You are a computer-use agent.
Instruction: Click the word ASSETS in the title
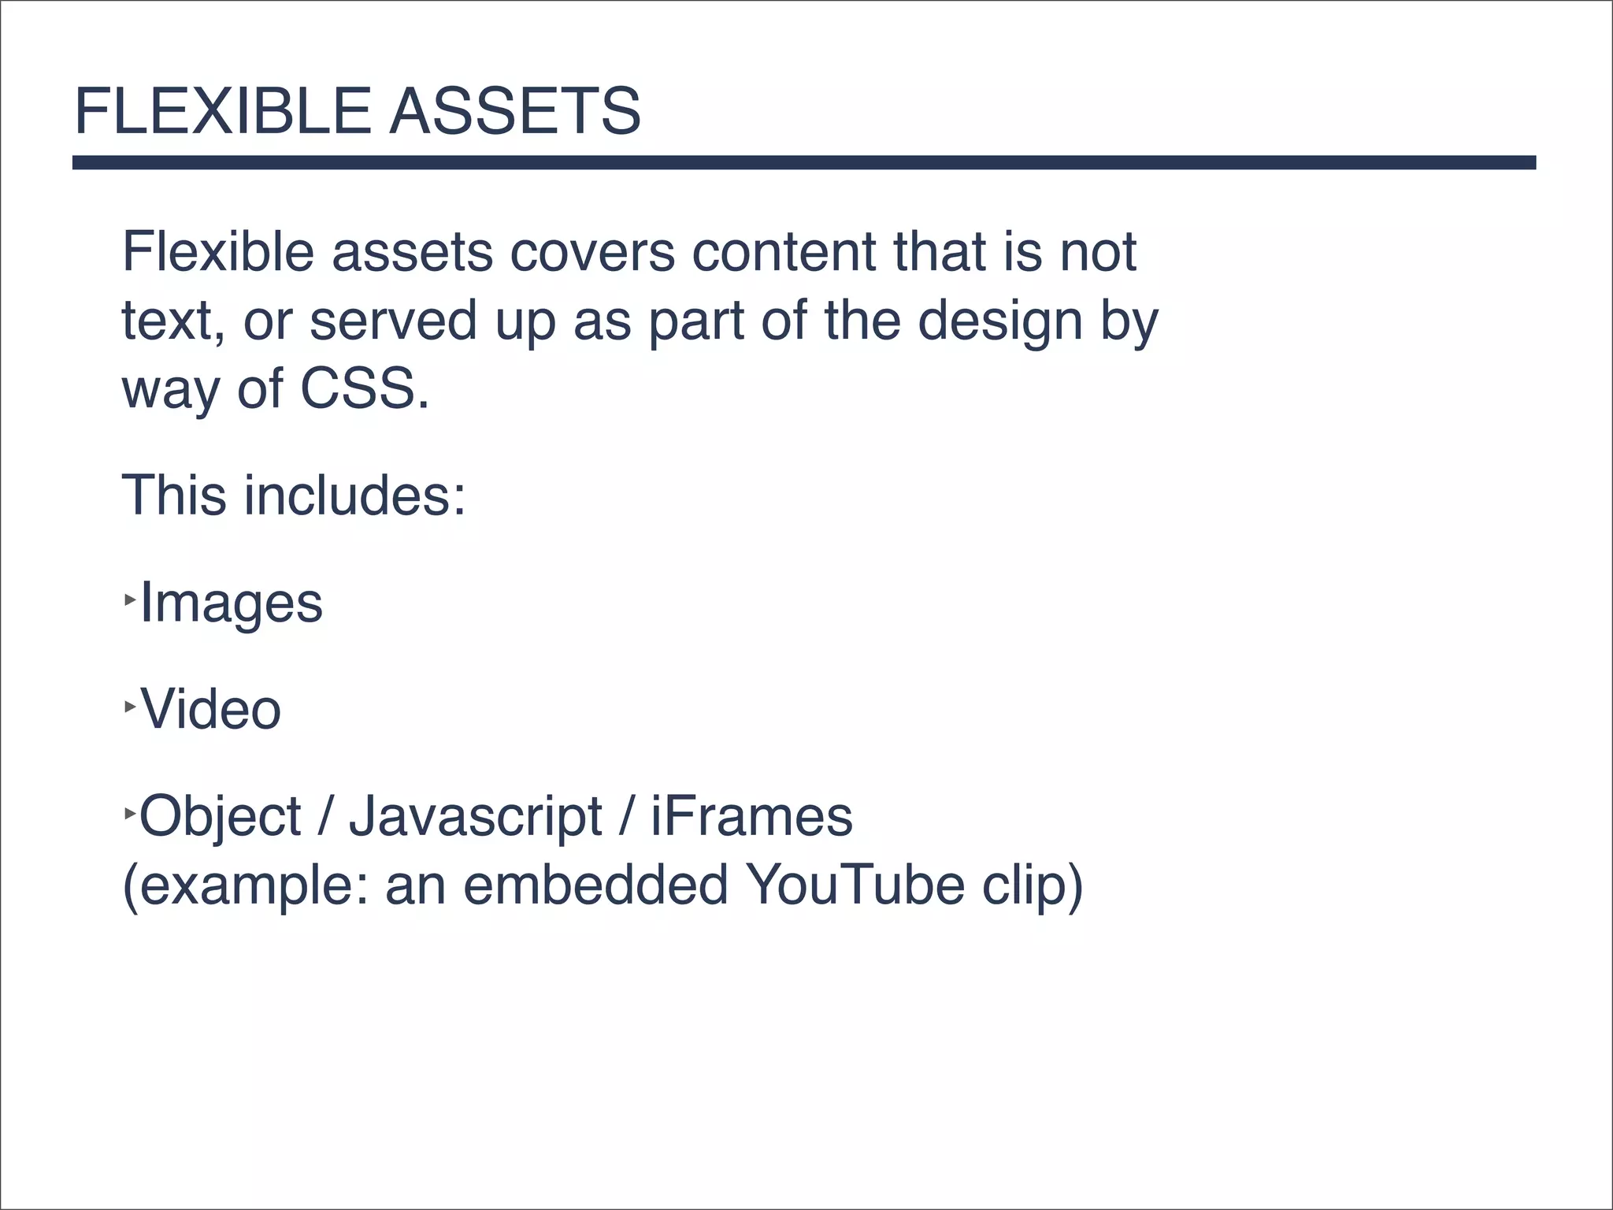515,111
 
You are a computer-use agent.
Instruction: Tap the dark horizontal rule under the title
803,162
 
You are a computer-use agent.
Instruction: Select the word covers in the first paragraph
592,253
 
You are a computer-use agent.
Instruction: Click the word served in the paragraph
393,321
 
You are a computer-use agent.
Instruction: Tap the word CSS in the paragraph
358,388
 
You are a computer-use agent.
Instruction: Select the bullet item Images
231,604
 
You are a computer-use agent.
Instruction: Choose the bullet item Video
210,710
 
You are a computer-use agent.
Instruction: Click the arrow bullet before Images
130,600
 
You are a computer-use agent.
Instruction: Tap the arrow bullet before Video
130,707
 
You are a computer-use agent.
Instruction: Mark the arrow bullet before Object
130,812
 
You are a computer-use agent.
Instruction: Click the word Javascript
476,818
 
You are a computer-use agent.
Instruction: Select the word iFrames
751,817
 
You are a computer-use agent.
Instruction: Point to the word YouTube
855,885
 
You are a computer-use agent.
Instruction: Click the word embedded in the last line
595,885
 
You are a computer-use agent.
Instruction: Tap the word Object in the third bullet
221,818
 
